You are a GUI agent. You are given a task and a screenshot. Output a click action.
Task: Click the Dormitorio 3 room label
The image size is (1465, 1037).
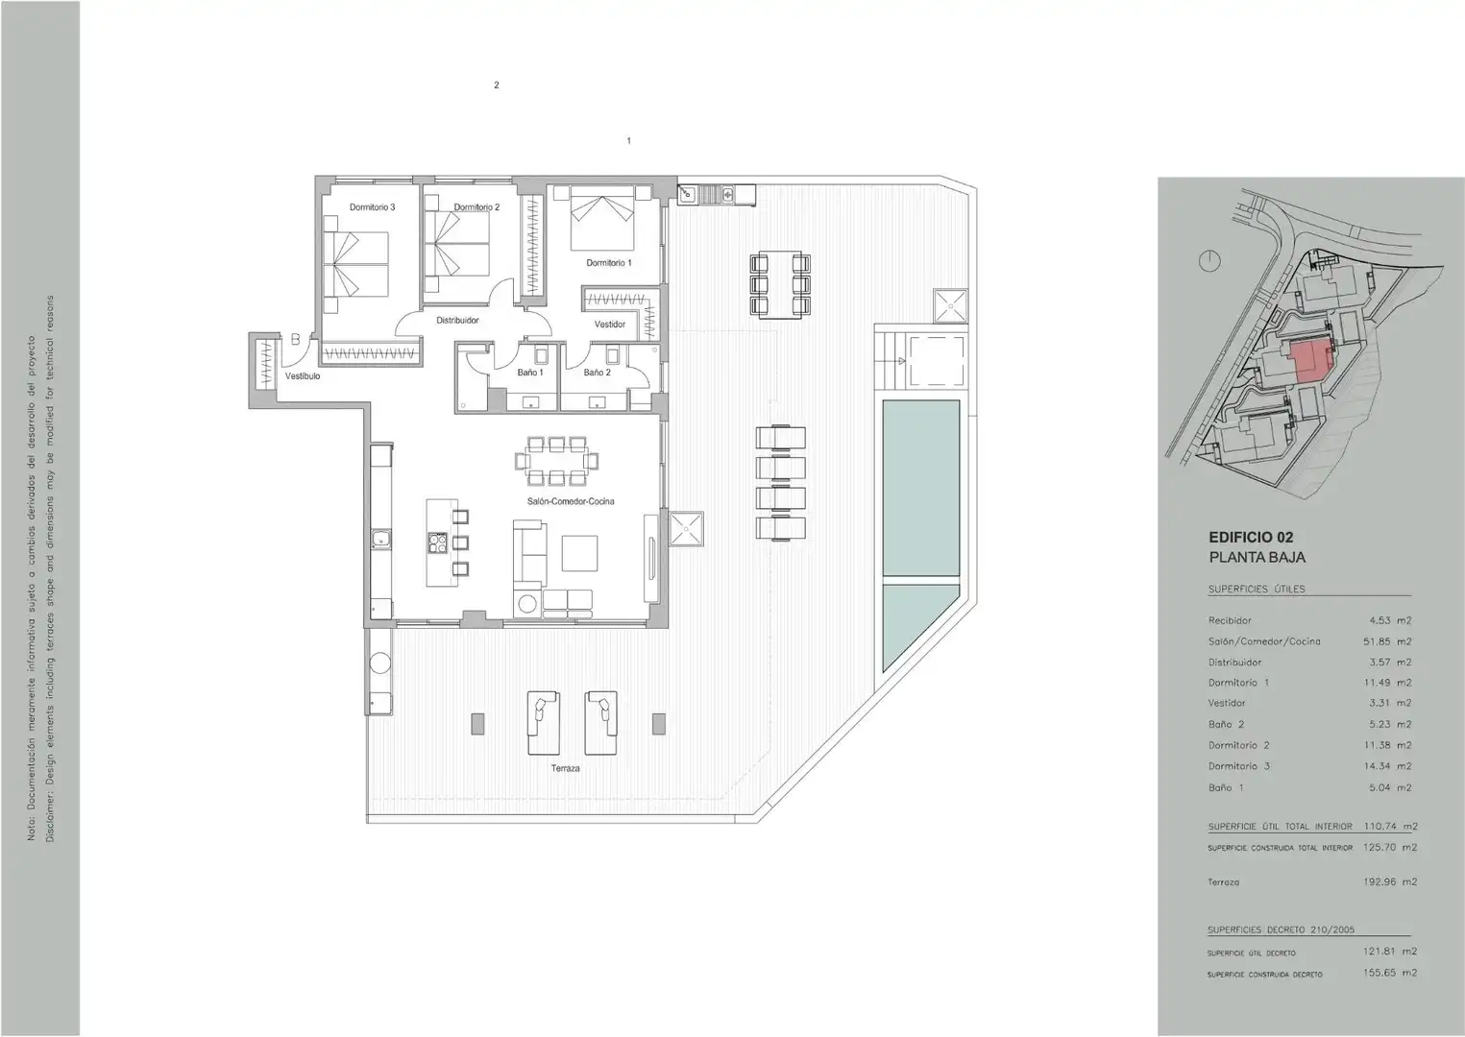(x=372, y=207)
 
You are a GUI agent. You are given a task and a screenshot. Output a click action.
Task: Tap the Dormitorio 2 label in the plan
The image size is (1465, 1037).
(x=476, y=207)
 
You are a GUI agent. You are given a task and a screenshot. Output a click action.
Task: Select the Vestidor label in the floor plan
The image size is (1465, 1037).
(x=610, y=325)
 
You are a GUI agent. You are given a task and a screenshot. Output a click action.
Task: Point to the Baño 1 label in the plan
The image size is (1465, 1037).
(x=530, y=372)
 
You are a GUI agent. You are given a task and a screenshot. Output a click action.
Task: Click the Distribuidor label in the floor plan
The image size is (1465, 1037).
(x=458, y=321)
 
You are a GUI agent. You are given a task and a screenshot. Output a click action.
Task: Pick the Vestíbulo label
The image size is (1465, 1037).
(x=303, y=376)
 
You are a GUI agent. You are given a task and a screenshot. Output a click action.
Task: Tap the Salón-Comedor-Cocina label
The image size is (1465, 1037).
(x=571, y=501)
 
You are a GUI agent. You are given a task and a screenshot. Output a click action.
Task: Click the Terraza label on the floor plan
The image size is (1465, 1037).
(x=565, y=768)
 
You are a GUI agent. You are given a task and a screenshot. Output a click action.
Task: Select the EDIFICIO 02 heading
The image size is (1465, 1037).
(x=1251, y=538)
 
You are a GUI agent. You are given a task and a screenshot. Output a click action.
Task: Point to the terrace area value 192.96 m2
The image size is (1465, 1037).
(x=1390, y=882)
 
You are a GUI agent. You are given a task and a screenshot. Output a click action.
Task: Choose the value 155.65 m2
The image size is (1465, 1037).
(x=1390, y=973)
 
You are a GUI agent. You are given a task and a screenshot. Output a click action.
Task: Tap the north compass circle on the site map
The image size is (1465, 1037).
(x=1209, y=261)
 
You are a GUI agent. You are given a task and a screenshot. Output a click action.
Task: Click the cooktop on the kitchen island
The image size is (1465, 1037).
(x=437, y=543)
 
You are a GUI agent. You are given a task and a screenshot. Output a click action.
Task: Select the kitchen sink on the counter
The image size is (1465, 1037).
(x=380, y=540)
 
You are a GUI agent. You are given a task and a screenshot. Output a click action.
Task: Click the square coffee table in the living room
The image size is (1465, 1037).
(x=579, y=553)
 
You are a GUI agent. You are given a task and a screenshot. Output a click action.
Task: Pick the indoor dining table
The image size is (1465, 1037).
(x=556, y=462)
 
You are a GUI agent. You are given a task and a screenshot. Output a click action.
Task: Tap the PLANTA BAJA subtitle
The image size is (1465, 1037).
(x=1257, y=558)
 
